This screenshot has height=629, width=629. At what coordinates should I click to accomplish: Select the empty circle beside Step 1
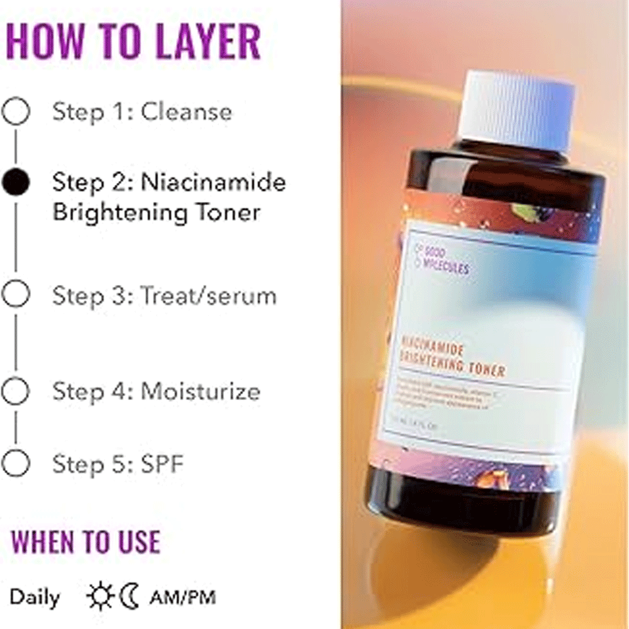point(16,112)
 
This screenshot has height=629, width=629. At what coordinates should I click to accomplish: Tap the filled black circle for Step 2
point(16,182)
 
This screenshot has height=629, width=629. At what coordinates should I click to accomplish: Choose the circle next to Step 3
point(16,294)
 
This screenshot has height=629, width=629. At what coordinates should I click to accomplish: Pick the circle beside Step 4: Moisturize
point(16,391)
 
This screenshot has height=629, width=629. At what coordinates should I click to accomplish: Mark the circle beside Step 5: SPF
point(16,464)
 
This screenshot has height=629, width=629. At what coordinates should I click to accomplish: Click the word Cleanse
point(186,112)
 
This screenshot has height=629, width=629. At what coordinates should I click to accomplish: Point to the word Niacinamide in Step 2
point(213,182)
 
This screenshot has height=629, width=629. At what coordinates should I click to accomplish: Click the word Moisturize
point(200,391)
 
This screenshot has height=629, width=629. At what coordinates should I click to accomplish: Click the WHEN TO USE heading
point(86,542)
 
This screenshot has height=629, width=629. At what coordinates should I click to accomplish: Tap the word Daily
point(35,597)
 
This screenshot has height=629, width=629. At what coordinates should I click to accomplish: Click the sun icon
point(99,596)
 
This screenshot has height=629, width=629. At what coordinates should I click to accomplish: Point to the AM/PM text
point(182,597)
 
